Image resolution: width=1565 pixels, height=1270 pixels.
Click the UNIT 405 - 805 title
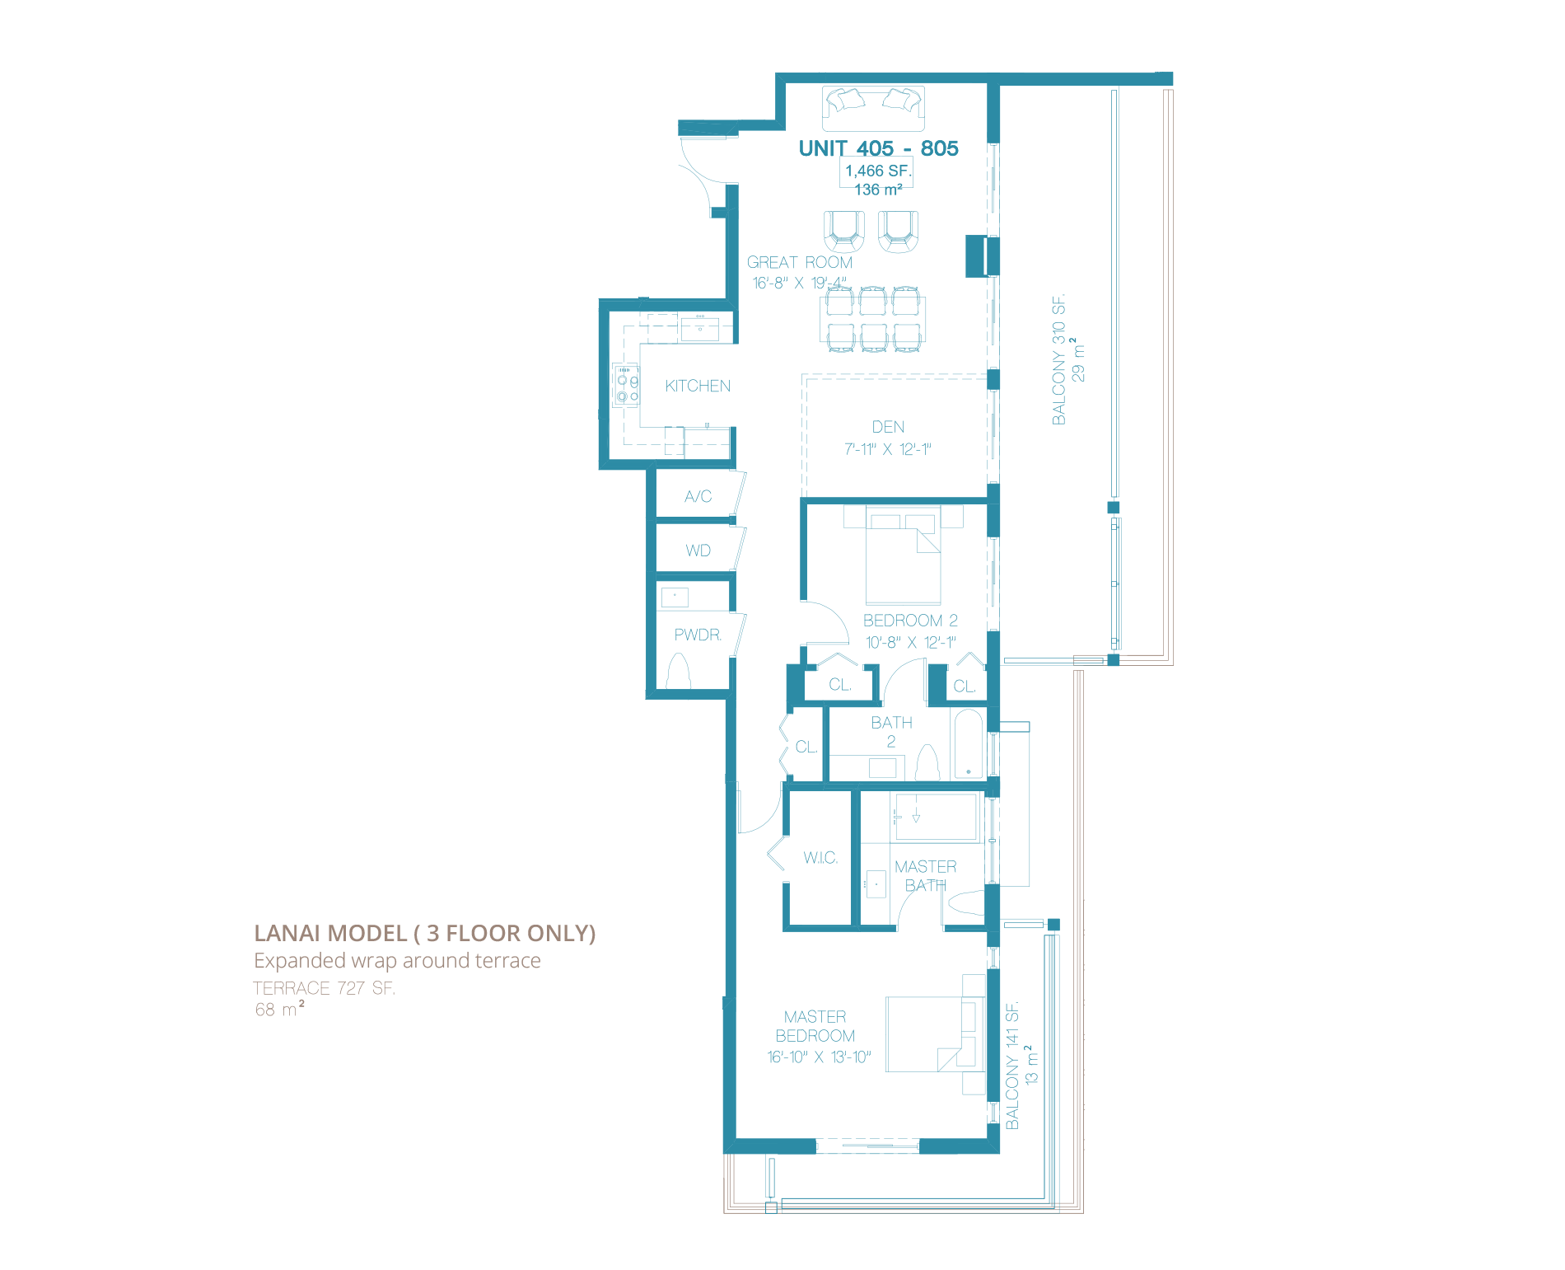878,148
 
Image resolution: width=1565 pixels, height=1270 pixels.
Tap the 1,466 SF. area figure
878,171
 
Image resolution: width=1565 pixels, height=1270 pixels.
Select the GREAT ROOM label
799,262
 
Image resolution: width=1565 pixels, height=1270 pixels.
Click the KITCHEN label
698,386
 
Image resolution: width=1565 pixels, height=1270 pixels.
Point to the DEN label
888,427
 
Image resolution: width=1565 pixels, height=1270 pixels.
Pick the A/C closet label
698,496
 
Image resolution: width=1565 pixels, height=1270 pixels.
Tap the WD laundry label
698,551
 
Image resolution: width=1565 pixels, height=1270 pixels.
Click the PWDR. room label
698,635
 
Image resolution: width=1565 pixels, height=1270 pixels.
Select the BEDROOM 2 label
910,621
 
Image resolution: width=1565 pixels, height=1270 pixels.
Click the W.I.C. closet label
820,858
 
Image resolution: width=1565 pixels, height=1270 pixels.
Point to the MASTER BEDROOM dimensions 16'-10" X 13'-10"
819,1057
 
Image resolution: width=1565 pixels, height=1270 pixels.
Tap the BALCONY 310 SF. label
1058,359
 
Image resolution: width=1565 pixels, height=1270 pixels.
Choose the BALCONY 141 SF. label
1012,1065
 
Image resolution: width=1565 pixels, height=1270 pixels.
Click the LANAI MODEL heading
424,933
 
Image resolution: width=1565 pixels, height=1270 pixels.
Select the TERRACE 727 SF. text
324,988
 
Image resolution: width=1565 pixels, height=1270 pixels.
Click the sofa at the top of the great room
873,108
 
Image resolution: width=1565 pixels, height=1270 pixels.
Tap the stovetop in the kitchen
625,386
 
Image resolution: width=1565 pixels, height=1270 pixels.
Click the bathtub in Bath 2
969,744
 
